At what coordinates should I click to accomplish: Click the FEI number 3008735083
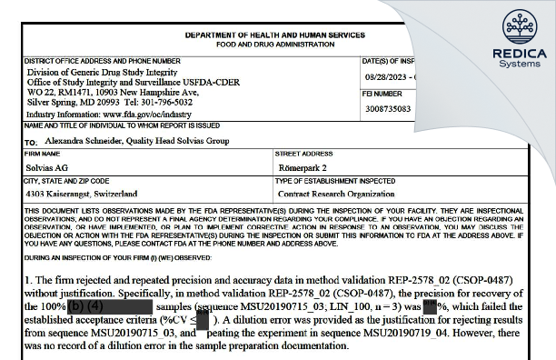[386, 108]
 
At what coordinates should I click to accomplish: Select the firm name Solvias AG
[46, 169]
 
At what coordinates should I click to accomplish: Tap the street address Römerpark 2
[302, 169]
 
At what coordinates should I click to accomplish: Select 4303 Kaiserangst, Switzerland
[82, 194]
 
